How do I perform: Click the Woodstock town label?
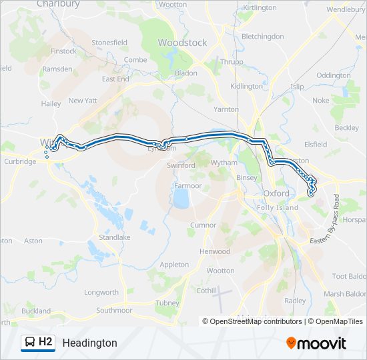(x=182, y=43)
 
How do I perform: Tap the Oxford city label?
(x=276, y=193)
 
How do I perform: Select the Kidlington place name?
(x=246, y=87)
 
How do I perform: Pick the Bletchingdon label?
(x=262, y=37)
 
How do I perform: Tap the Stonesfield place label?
(x=109, y=43)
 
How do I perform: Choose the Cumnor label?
(x=203, y=225)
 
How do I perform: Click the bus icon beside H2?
(x=29, y=343)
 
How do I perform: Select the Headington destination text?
(x=89, y=343)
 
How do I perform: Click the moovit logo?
(x=316, y=343)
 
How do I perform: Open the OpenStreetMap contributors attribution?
(x=252, y=321)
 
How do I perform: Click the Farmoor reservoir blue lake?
(x=179, y=199)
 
